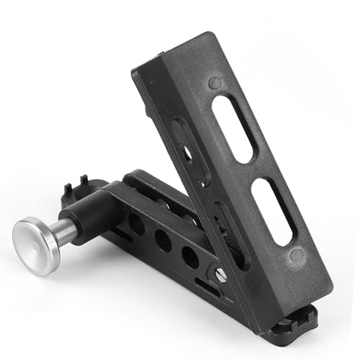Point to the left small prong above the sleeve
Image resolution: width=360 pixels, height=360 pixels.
69,189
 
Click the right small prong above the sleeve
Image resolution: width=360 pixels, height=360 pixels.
84,180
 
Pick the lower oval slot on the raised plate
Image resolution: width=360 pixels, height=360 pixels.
271,211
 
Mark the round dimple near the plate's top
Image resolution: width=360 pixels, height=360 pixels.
215,83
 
